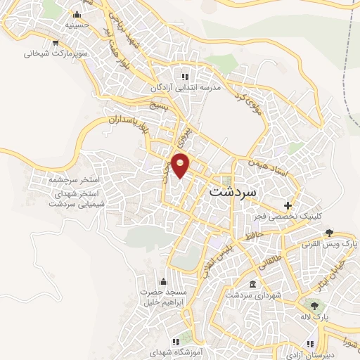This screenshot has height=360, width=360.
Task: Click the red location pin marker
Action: pyautogui.click(x=181, y=165)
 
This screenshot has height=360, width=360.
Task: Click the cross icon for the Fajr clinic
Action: pyautogui.click(x=287, y=205)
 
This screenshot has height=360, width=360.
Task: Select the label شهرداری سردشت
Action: pyautogui.click(x=252, y=296)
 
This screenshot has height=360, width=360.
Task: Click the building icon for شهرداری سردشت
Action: pyautogui.click(x=252, y=285)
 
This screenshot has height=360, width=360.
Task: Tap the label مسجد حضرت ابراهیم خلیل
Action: pyautogui.click(x=164, y=297)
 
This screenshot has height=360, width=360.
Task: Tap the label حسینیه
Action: pyautogui.click(x=77, y=25)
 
